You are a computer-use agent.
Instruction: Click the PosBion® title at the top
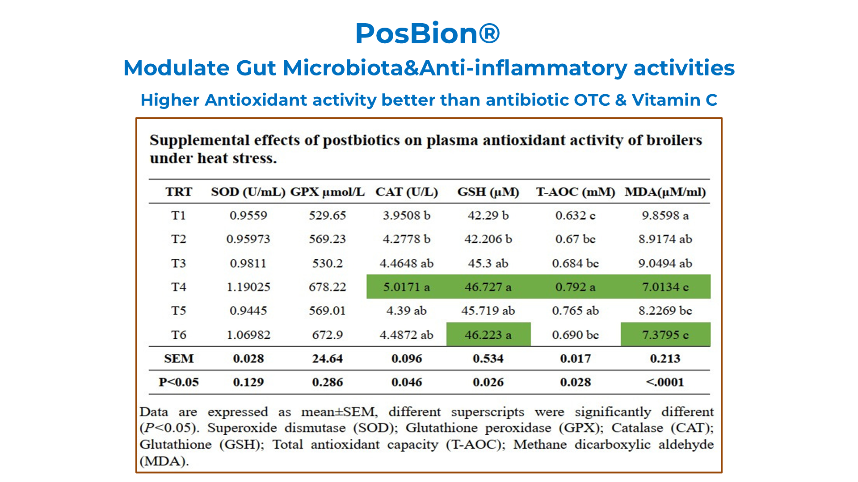click(x=428, y=33)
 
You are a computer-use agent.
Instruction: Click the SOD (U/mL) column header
click(x=248, y=192)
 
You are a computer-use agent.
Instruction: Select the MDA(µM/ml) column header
click(x=665, y=192)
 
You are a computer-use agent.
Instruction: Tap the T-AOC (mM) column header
click(x=576, y=192)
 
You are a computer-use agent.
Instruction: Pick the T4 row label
click(x=178, y=287)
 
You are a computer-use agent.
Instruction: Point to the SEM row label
click(x=179, y=358)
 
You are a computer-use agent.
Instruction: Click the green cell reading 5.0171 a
click(x=406, y=287)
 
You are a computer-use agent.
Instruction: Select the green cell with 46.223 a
click(x=488, y=334)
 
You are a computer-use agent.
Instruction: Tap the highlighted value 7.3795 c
click(x=665, y=334)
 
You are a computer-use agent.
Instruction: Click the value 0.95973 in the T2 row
click(x=248, y=239)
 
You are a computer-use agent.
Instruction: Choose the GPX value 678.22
click(x=328, y=287)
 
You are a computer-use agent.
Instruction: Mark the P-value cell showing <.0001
click(x=665, y=382)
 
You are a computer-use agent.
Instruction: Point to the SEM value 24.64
click(x=328, y=358)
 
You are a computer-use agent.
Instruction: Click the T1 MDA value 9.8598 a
click(x=665, y=216)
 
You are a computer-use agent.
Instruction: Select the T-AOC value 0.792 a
click(x=576, y=287)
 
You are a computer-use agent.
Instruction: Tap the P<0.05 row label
click(x=179, y=382)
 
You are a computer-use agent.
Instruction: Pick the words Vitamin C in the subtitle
click(x=674, y=100)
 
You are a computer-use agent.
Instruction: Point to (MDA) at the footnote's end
click(x=164, y=461)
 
